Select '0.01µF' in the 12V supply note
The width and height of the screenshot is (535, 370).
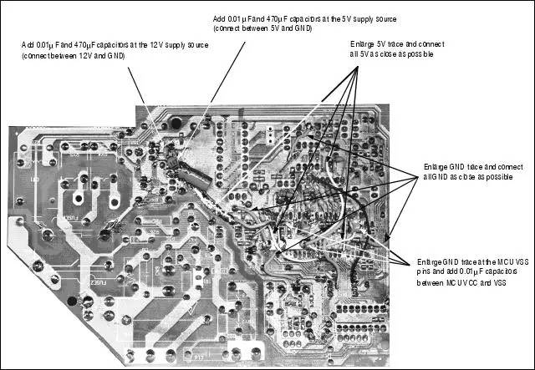pyautogui.click(x=48, y=44)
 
